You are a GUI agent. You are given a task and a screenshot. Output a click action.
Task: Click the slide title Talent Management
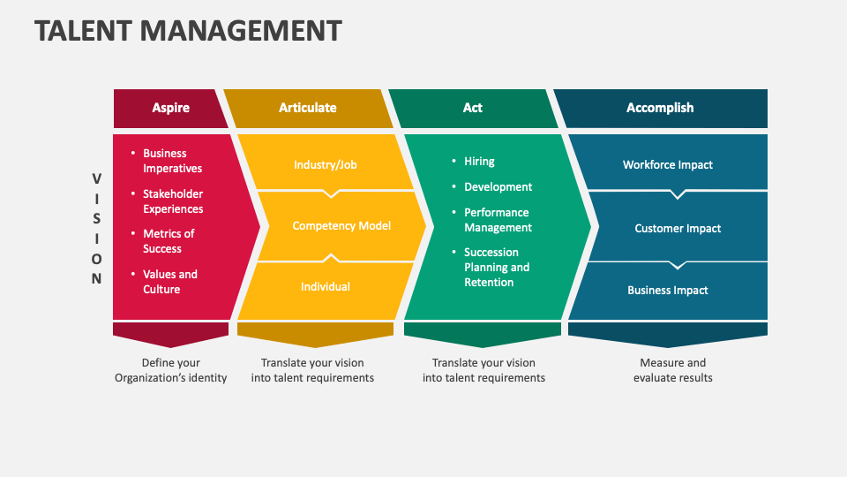188,31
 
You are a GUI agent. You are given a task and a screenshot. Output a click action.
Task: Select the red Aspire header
170,108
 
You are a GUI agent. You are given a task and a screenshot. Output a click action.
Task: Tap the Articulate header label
307,108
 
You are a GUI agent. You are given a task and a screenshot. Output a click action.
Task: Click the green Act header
473,108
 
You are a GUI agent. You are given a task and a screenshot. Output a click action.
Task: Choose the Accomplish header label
660,108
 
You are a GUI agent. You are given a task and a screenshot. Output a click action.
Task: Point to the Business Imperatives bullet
172,161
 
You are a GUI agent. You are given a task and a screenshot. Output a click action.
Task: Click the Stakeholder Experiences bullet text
173,201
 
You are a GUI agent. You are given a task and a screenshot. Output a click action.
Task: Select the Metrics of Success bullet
169,241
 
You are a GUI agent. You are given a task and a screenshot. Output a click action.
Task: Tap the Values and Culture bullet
170,282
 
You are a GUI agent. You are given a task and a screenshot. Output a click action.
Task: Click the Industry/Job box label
326,164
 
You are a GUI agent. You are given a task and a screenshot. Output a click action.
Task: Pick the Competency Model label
341,226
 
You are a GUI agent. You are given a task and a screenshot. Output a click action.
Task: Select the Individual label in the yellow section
325,286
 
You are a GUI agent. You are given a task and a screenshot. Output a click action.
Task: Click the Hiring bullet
479,162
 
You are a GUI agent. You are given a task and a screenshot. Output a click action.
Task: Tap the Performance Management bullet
498,220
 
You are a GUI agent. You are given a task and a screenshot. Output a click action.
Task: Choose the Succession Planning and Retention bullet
497,267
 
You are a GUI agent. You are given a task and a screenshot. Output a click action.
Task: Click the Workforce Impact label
667,165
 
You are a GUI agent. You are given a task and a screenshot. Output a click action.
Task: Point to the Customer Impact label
678,229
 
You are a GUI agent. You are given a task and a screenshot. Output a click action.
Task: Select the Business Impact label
667,291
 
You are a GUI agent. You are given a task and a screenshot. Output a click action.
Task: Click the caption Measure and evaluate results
672,370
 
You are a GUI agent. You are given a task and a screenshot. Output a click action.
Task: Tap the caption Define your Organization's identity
170,370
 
